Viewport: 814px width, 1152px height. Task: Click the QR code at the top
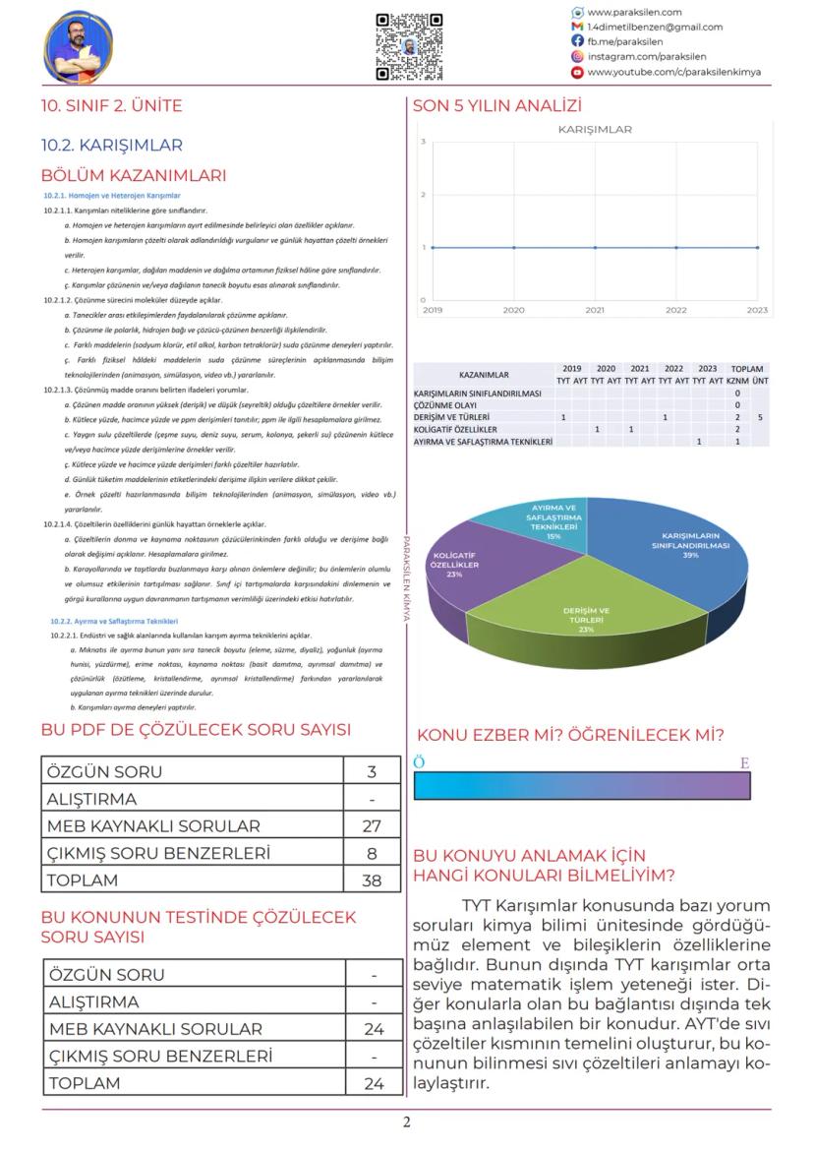coord(408,46)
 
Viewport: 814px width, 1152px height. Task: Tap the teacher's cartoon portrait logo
coord(79,47)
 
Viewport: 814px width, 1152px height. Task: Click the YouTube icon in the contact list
coord(577,72)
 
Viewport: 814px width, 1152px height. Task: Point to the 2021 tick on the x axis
coord(595,309)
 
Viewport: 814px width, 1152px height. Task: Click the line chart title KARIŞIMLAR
coord(595,129)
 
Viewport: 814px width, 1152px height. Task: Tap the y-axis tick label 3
coord(423,143)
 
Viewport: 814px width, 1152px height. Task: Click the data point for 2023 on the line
coord(757,247)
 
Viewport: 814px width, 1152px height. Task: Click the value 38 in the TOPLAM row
coord(372,879)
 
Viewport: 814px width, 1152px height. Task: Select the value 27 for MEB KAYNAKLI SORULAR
coord(372,825)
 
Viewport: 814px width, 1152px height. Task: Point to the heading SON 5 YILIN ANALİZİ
coord(497,105)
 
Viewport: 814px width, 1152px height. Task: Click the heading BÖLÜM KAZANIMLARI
coord(133,176)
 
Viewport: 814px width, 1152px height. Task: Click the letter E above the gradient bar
coord(744,762)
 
